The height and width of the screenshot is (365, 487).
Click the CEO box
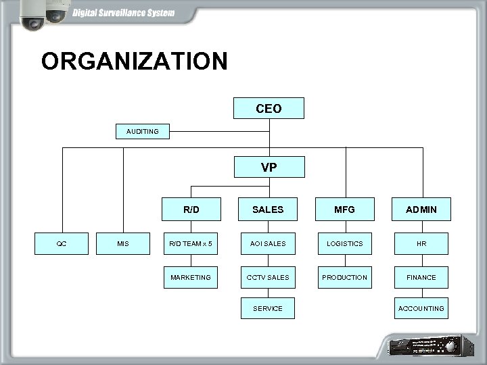269,108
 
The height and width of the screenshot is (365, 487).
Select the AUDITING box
143,131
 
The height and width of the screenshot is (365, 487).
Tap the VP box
269,167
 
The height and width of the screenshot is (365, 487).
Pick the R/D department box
191,210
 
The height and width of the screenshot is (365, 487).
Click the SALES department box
268,210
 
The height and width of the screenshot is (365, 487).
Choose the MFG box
344,210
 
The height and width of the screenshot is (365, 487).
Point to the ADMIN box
421,210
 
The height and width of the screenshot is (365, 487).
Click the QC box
62,243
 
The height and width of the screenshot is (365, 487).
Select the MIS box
123,243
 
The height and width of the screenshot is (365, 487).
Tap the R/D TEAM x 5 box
191,243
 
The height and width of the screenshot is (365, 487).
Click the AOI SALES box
268,243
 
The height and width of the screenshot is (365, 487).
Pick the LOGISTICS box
344,243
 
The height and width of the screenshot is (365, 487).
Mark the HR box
421,243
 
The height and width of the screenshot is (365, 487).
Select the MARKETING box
191,277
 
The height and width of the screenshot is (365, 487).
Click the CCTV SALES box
268,277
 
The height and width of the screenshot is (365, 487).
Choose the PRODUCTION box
344,277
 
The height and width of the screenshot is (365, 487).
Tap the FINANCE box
421,277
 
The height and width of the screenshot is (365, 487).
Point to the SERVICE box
268,308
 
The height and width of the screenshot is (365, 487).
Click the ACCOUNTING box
421,308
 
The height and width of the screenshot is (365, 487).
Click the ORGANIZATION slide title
134,62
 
